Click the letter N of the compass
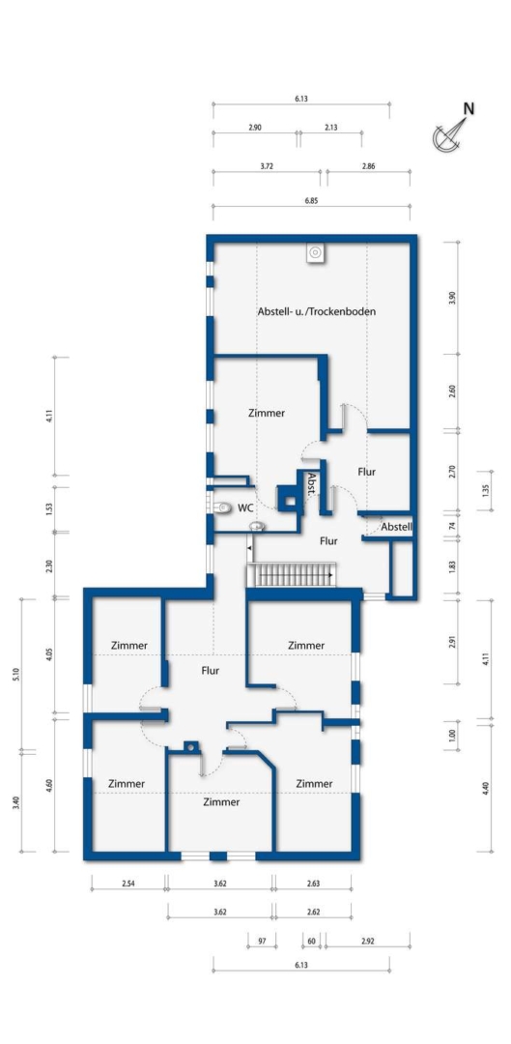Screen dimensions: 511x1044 click(x=469, y=108)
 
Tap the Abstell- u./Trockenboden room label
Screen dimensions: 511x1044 click(x=317, y=311)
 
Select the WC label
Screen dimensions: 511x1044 click(x=245, y=508)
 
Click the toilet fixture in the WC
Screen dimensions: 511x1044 click(x=223, y=508)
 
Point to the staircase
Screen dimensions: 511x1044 click(x=292, y=574)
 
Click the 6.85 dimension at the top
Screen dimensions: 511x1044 click(x=311, y=200)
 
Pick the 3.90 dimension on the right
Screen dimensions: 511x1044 click(x=452, y=298)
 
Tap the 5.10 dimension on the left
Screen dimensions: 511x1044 click(x=16, y=674)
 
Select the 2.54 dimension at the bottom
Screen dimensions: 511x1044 click(x=128, y=884)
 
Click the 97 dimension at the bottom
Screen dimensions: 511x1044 click(x=262, y=942)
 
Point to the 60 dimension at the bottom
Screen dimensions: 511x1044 click(x=311, y=942)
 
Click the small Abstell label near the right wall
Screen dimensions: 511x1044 click(x=397, y=527)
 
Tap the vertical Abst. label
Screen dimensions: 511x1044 click(x=311, y=483)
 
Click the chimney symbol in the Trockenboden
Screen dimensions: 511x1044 click(x=315, y=252)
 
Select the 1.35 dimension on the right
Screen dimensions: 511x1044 click(x=485, y=491)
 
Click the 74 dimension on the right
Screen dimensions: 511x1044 click(x=452, y=525)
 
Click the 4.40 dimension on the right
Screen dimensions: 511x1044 click(x=485, y=788)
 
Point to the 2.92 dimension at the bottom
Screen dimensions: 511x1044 click(x=367, y=942)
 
